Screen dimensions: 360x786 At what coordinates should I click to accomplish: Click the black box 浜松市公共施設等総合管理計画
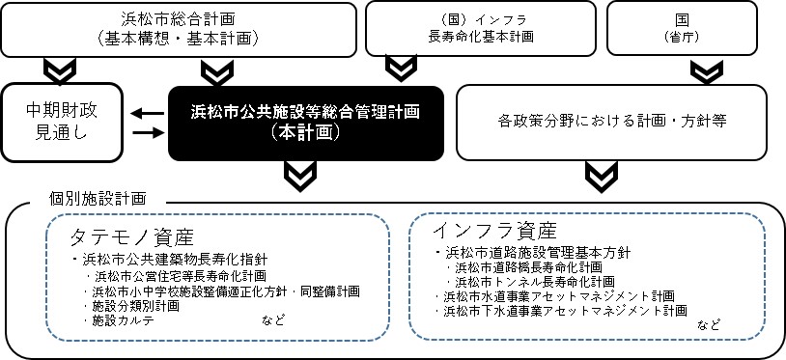305,123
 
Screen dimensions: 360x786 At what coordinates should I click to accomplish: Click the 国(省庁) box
695,28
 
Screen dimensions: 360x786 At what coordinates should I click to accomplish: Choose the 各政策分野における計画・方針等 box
613,123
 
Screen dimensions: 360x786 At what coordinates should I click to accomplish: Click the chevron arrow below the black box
301,174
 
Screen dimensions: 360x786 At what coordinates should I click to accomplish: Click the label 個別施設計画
97,198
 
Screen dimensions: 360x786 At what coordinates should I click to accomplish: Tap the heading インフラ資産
494,231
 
